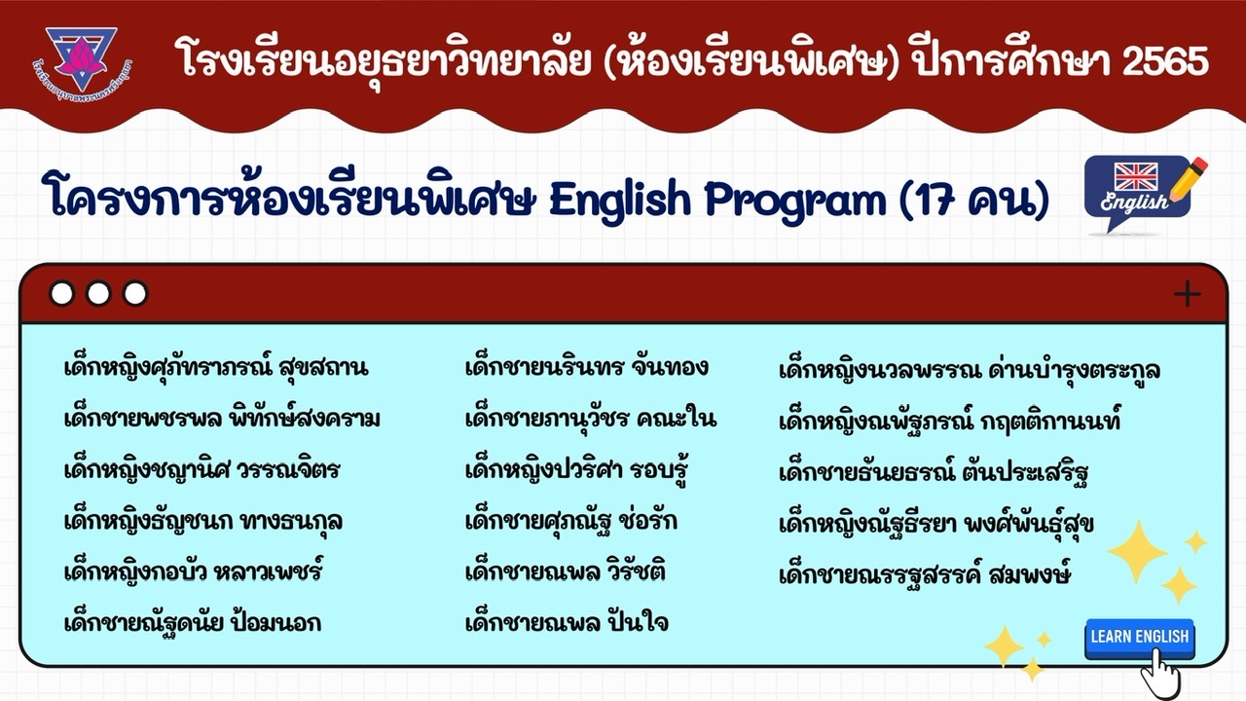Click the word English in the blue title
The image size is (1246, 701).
[x=620, y=200]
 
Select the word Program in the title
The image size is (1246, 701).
[x=795, y=202]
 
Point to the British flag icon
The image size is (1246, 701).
[x=1136, y=176]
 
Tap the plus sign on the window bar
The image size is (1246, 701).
[x=1187, y=294]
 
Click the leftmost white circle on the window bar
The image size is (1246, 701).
[x=61, y=294]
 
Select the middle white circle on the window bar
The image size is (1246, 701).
[x=98, y=294]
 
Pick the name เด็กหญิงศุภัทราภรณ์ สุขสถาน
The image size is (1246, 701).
[x=216, y=366]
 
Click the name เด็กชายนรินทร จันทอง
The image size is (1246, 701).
[x=587, y=367]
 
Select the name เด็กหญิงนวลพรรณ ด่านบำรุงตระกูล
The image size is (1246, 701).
[x=970, y=370]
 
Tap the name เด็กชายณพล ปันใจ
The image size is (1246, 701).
[x=567, y=621]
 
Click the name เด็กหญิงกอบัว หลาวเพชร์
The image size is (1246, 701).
[x=193, y=571]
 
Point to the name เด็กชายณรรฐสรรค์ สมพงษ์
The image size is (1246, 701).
[x=925, y=574]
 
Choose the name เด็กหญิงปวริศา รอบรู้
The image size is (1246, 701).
[x=577, y=469]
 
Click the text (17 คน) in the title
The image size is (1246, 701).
[x=973, y=201]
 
